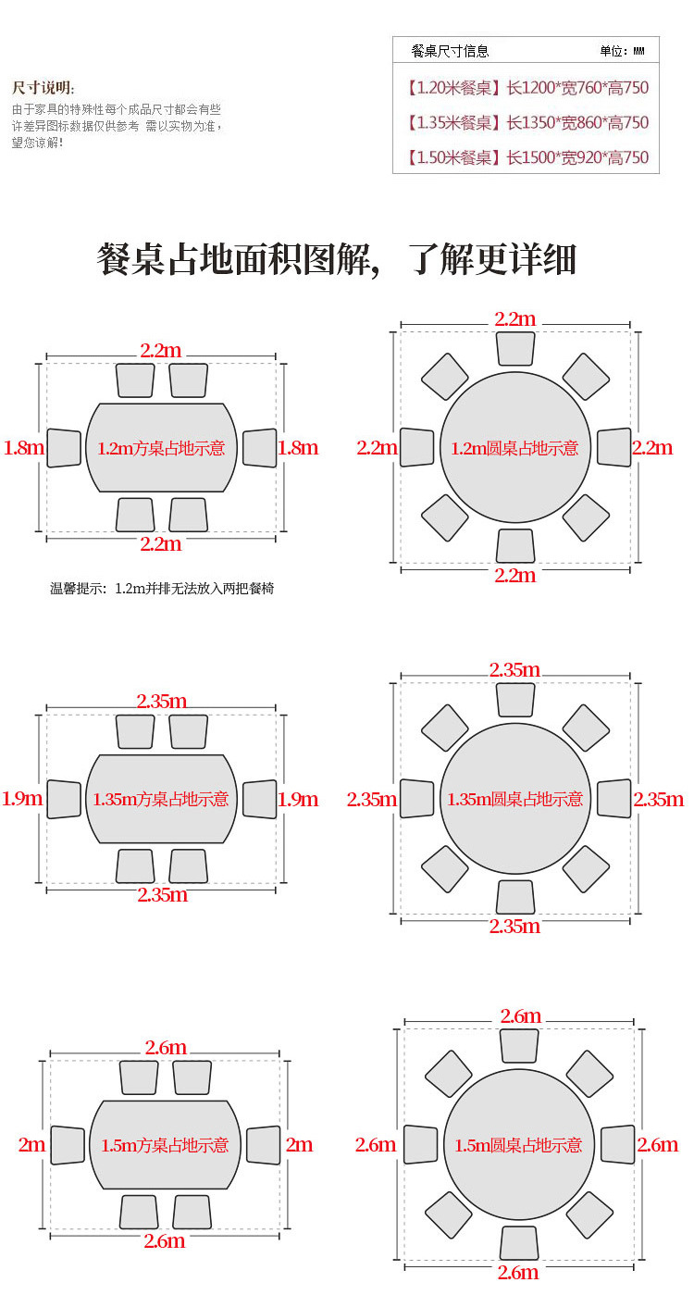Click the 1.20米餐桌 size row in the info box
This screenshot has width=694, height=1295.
[527, 88]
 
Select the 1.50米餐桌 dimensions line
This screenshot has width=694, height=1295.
[527, 157]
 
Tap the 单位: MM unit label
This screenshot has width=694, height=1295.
[622, 51]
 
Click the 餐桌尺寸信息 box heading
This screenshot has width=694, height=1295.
[450, 51]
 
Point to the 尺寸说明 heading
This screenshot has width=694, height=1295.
[43, 88]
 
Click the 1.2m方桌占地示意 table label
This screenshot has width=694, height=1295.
[161, 448]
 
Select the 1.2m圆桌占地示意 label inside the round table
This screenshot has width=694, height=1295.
[514, 448]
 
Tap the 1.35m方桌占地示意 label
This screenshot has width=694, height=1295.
[161, 799]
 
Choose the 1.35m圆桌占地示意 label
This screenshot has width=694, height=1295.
[514, 799]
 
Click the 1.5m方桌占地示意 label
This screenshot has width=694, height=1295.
[165, 1145]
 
